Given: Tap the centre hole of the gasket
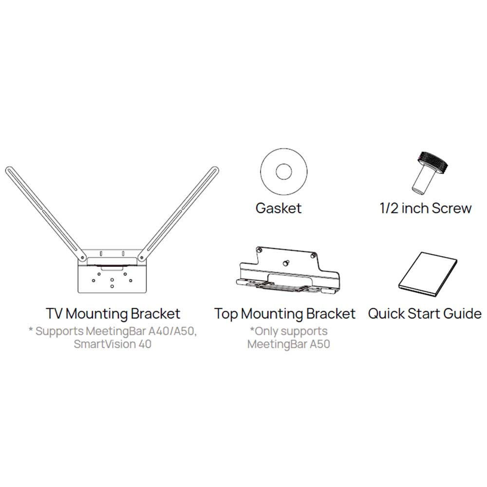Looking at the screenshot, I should pos(283,171).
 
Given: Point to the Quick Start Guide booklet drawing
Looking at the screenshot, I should pos(428,275).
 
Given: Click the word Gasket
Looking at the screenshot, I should pos(279,208).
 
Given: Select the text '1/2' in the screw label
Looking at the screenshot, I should pos(390,208).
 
